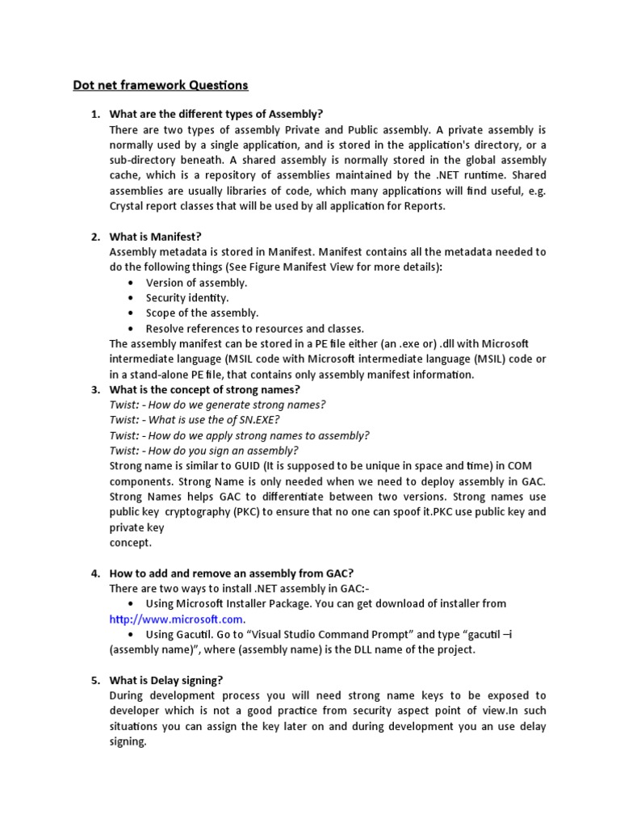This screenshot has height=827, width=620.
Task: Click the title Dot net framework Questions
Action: click(161, 85)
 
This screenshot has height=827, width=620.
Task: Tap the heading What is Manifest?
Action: click(155, 237)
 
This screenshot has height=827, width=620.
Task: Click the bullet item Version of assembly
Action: click(196, 283)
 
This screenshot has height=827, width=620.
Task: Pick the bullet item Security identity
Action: click(187, 298)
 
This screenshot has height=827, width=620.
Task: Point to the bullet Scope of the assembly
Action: click(202, 313)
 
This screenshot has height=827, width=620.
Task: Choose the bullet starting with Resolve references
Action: click(255, 329)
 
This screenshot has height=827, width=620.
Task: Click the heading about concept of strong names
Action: click(205, 389)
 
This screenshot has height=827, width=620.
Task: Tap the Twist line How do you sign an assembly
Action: click(204, 451)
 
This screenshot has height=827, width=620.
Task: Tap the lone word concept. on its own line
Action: click(131, 543)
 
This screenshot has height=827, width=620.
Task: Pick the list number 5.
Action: click(94, 681)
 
